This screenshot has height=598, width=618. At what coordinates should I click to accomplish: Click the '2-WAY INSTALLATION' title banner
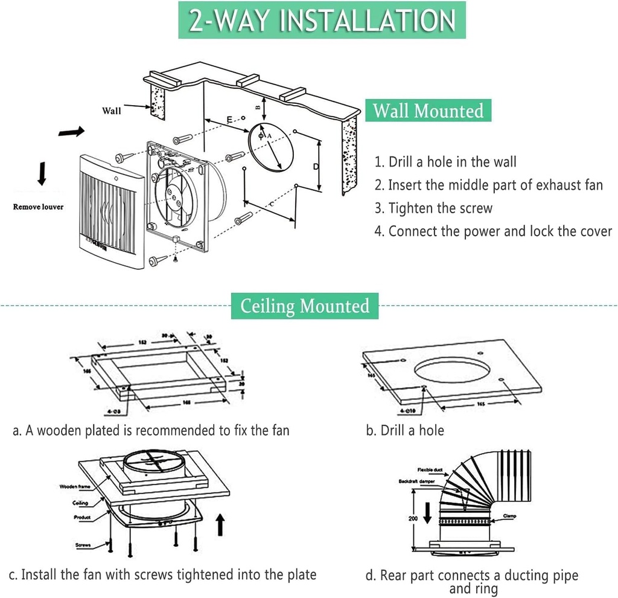coord(322,20)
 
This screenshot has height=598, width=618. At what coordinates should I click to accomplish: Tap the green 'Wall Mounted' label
coord(428,111)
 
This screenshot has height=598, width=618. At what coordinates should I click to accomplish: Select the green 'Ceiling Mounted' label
coord(305,306)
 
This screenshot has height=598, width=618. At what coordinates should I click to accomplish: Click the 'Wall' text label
coord(111,111)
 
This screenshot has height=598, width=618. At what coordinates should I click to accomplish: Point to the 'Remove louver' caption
coord(38,207)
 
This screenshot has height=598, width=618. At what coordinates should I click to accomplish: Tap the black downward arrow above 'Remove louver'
coord(41,173)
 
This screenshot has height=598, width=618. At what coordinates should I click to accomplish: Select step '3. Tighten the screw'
coord(433,208)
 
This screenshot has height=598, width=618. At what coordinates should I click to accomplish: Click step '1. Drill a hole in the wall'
coord(445,162)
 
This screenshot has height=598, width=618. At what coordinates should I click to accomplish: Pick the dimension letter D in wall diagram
coord(315,166)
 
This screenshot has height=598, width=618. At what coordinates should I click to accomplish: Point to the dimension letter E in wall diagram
coord(229,120)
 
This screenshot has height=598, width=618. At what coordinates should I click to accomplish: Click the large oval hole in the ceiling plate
coord(453,370)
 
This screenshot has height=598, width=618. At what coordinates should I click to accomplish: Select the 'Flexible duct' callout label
coord(431,469)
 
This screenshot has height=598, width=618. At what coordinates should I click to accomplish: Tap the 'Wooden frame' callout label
coord(75,486)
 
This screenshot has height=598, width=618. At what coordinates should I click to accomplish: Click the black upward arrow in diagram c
coord(220,523)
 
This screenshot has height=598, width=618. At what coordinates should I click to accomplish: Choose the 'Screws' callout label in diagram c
coord(83,545)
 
